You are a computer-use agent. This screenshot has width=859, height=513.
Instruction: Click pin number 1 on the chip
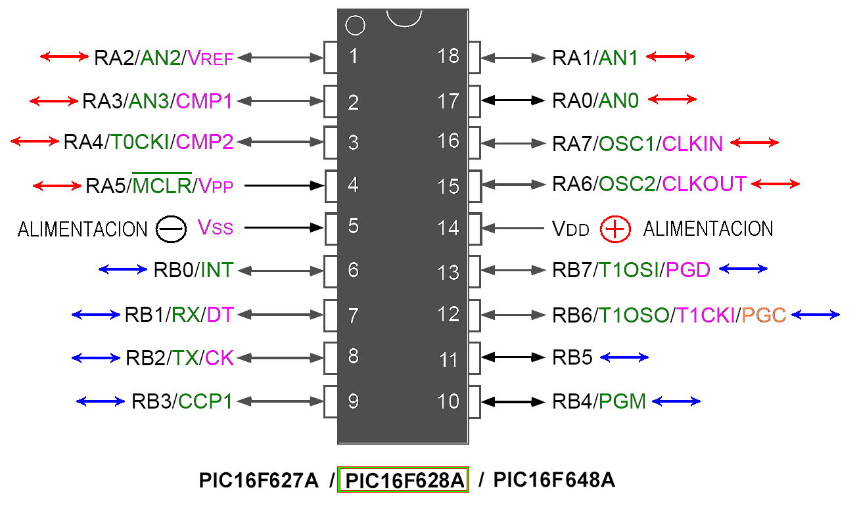(x=354, y=56)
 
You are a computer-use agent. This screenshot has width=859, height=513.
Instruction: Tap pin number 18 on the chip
(x=448, y=56)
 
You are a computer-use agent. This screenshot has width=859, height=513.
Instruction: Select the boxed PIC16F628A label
(x=403, y=481)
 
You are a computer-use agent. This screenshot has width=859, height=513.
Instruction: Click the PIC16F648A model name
(x=554, y=481)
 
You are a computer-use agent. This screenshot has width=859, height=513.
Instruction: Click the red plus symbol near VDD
(x=616, y=229)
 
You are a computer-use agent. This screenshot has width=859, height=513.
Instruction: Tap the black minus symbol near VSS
(x=168, y=229)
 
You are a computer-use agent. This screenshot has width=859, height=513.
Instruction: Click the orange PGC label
(x=764, y=315)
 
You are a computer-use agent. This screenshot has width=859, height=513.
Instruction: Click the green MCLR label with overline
(x=162, y=186)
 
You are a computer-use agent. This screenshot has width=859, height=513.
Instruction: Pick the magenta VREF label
(x=210, y=58)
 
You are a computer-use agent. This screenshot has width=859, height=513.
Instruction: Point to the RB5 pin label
(x=572, y=358)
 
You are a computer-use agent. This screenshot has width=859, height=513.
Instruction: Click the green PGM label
(x=622, y=401)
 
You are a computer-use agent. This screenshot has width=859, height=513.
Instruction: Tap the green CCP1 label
(x=206, y=401)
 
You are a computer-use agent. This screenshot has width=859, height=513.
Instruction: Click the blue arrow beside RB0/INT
(x=123, y=269)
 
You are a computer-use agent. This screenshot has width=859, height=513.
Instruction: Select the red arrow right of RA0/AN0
(x=672, y=100)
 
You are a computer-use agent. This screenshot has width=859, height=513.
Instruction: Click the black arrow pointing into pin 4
(x=285, y=186)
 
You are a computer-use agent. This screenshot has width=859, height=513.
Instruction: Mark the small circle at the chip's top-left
(x=354, y=26)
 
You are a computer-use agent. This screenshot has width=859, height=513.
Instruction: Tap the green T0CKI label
(x=139, y=143)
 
